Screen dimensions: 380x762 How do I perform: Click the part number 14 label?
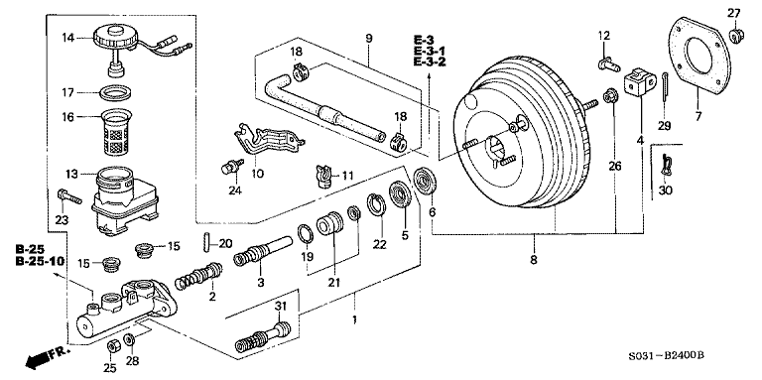coord(67,39)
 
